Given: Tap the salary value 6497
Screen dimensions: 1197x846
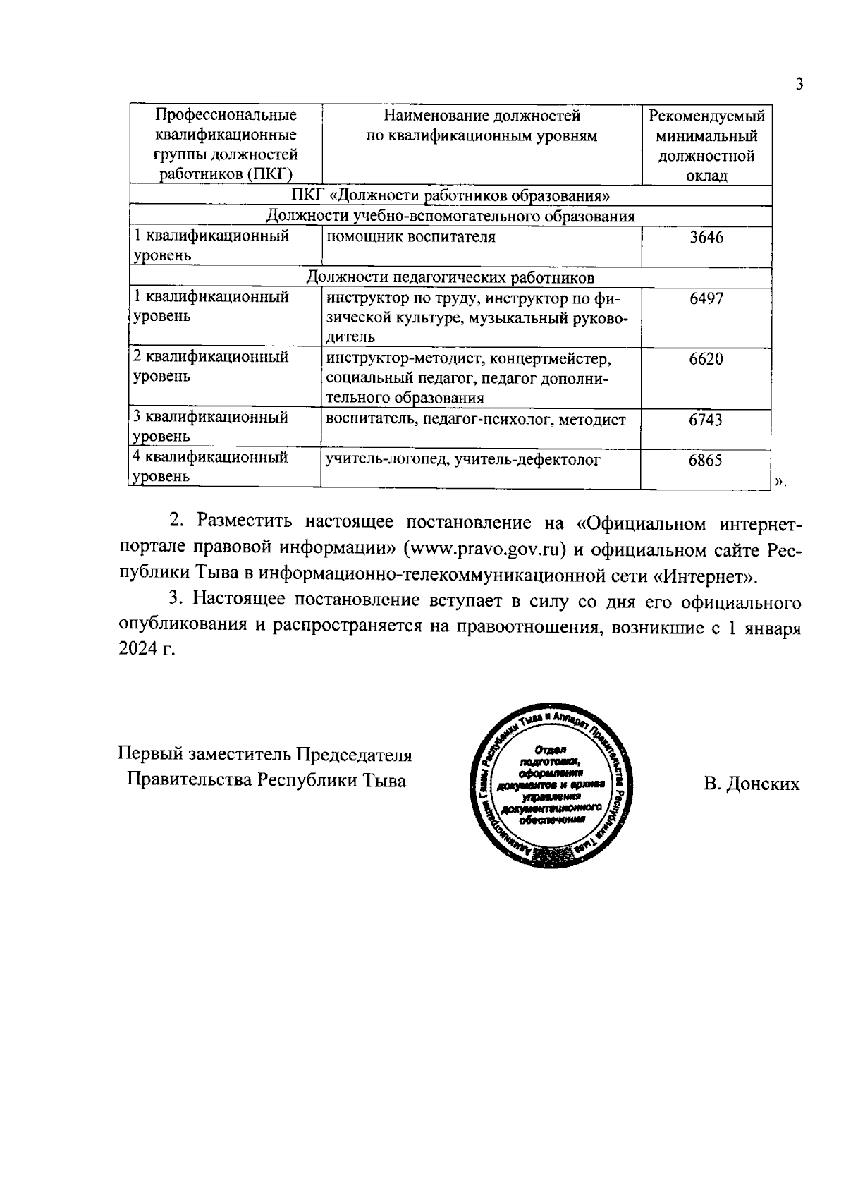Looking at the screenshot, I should coord(706,298).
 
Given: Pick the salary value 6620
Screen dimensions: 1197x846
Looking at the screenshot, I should coord(706,359).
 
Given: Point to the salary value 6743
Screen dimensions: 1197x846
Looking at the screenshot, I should coord(706,420).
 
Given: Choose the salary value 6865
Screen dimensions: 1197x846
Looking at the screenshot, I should coord(706,460).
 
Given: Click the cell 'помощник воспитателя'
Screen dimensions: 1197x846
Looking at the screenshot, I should coord(410,237).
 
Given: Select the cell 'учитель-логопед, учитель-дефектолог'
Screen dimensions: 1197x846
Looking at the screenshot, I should coord(462,460).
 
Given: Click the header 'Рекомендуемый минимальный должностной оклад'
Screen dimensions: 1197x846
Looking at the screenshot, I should coord(706,145).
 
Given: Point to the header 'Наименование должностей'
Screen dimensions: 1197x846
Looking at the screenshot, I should coord(482,116).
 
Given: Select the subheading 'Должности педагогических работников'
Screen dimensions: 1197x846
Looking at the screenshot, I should coord(451,277).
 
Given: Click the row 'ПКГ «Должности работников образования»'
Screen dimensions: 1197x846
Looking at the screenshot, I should coord(451,195).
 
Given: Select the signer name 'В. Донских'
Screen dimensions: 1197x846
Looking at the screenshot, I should coord(751,784).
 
